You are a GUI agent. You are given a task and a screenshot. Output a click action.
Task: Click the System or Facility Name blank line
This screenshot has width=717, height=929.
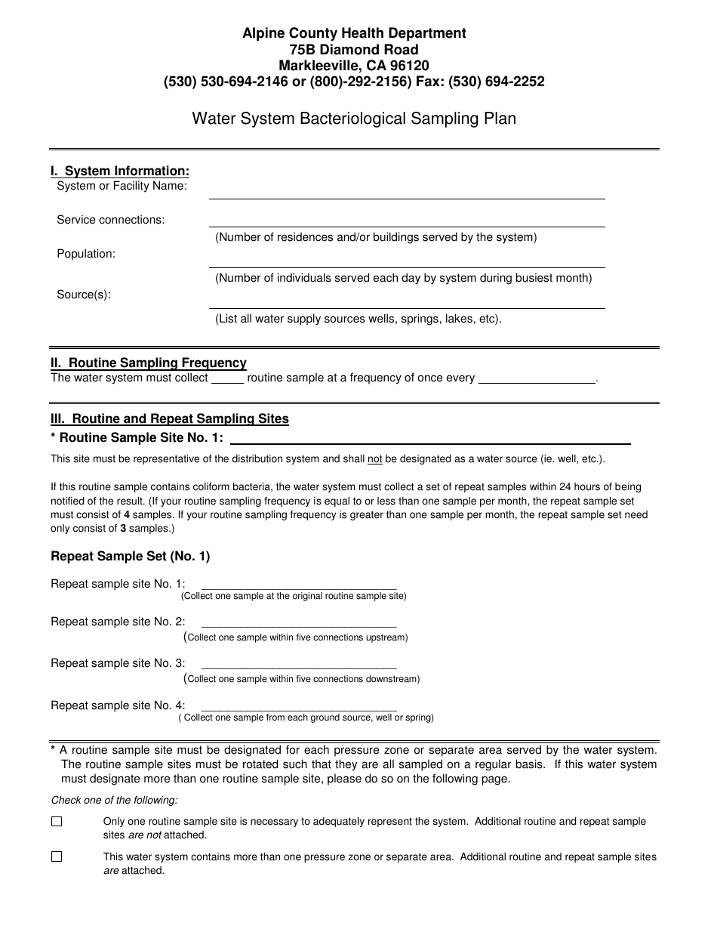coord(407,193)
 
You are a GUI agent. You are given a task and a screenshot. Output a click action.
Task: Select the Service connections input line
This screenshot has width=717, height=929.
coord(407,221)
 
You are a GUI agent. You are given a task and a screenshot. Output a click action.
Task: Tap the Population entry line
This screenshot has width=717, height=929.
coord(407,261)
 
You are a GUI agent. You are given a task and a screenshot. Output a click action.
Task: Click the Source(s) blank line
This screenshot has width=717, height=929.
coord(407,302)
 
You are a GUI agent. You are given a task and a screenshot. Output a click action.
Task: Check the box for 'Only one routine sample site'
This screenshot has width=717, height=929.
coord(57,822)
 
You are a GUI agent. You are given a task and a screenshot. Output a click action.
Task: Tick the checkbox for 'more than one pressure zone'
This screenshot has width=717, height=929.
coord(57,857)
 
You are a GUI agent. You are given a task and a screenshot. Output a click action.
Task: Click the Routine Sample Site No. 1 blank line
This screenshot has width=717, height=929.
coord(430,439)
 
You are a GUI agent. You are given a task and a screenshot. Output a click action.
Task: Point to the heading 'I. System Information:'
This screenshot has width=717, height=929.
coord(120,171)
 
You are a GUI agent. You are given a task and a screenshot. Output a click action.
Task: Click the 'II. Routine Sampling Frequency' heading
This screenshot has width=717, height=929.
coord(149,363)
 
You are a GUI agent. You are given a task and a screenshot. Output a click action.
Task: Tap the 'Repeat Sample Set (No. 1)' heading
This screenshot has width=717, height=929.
coord(130,557)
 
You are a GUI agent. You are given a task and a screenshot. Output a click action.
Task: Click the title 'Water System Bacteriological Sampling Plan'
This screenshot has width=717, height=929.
coord(354,119)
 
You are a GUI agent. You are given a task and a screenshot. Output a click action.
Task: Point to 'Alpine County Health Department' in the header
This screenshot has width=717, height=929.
coord(354,33)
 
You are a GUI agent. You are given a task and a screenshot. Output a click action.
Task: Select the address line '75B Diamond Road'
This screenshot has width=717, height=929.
coord(354,50)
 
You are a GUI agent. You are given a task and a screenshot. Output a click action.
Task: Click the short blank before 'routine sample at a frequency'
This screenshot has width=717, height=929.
coord(227,379)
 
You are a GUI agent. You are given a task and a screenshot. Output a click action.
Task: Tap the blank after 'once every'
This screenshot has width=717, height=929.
coord(537,379)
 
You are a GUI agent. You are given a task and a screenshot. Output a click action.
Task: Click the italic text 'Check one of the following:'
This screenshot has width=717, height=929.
coord(114,801)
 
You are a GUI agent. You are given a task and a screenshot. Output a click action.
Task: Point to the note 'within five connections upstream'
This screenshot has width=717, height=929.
coord(297,637)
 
